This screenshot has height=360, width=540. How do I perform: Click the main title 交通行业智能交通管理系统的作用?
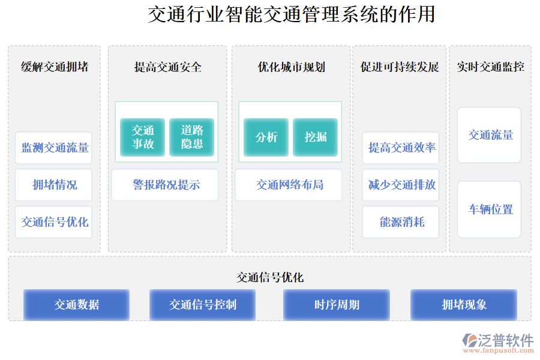pos(292,14)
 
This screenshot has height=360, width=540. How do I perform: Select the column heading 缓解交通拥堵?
pos(55,67)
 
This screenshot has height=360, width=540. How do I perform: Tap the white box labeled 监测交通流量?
pos(53,148)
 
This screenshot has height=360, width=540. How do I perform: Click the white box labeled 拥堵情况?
pos(53,185)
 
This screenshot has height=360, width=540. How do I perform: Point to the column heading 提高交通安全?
pos(168,67)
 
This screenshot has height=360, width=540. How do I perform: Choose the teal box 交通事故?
pos(143,137)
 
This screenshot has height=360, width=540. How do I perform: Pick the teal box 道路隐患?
pos(192,137)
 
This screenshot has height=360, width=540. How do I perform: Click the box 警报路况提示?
pos(165,185)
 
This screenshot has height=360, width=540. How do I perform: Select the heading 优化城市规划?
pos(292,67)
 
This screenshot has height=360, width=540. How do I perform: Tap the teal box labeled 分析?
pos(266,137)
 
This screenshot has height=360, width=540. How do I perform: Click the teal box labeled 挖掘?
pos(316,137)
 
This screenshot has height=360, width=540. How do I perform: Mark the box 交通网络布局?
pos(289,185)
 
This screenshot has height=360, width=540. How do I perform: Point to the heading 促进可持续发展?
pos(400,67)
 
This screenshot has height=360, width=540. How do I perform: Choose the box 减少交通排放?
pos(401,185)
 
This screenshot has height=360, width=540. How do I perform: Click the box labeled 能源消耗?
pos(401,222)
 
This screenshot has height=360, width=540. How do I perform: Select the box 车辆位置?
pos(490,209)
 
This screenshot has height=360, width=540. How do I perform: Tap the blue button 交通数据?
pos(76,305)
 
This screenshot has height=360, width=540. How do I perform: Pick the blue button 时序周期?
pos(337,305)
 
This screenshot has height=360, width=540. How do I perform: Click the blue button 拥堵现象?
pos(464,305)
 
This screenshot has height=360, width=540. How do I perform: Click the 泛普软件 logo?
pos(498,343)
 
